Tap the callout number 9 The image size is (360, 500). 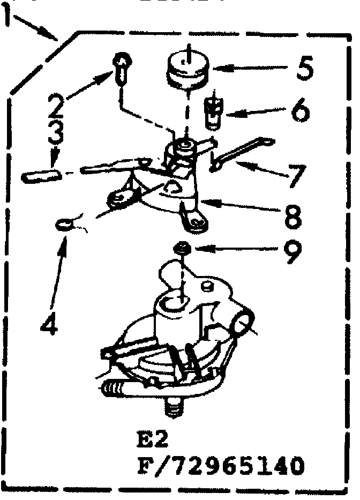pyautogui.click(x=292, y=253)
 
